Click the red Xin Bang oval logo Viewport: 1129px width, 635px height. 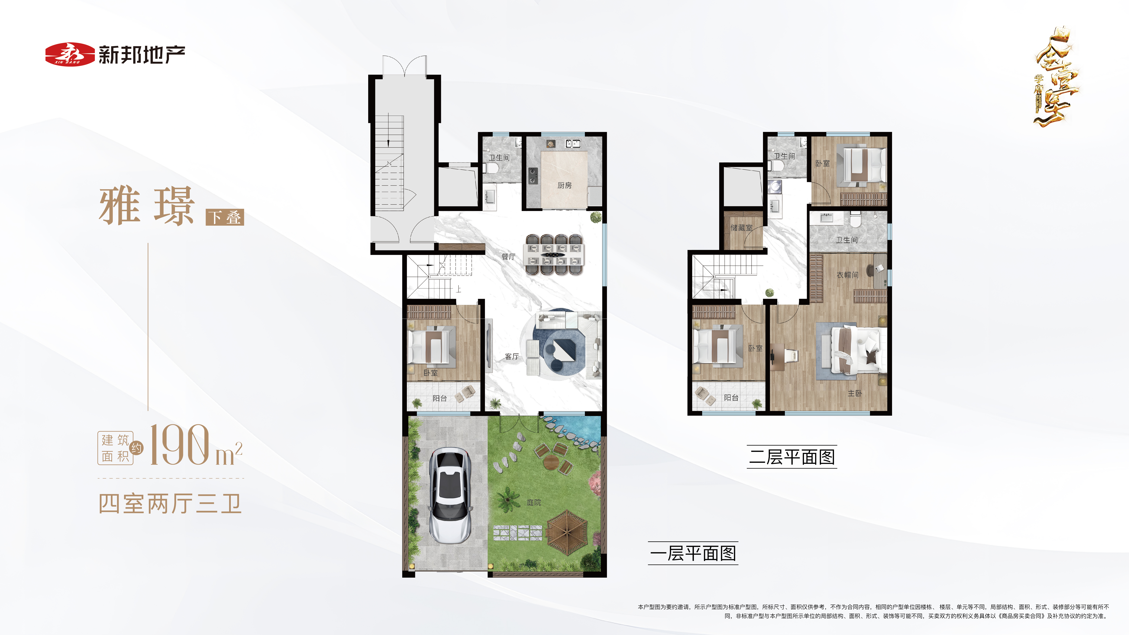[70, 54]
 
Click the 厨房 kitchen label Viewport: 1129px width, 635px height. [564, 185]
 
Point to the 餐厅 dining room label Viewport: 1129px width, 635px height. [508, 257]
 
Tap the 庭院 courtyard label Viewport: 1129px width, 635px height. [534, 502]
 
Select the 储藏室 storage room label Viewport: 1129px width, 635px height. [741, 228]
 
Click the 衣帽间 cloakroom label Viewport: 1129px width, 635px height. [847, 275]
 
